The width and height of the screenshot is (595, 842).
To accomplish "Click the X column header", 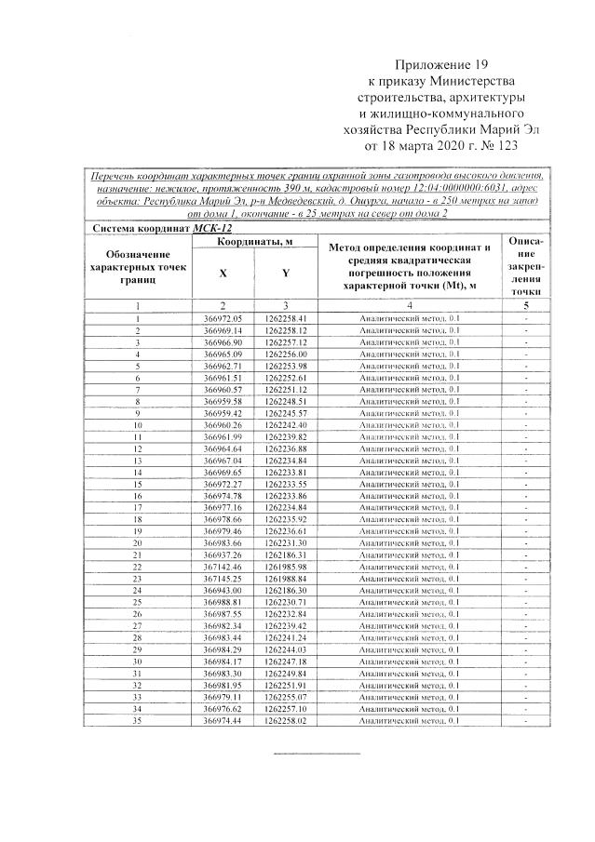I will click(222, 274).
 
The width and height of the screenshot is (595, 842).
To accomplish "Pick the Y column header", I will click(285, 274).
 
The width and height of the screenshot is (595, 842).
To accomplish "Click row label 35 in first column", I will click(137, 720).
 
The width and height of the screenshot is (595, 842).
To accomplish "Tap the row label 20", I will click(137, 542).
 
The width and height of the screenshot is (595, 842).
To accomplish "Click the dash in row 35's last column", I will click(526, 720).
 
